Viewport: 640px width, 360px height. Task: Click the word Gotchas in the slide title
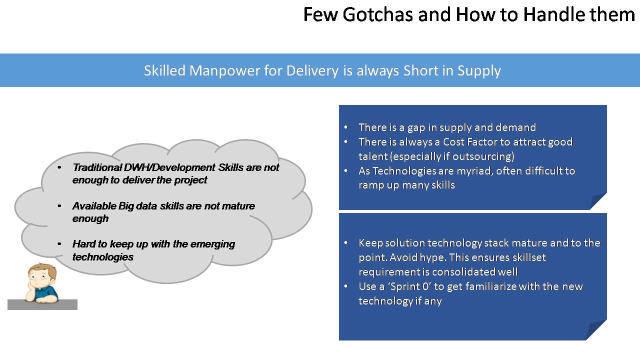(x=377, y=14)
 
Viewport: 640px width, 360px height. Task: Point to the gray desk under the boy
(x=42, y=304)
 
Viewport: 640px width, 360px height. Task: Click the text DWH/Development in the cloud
(x=169, y=167)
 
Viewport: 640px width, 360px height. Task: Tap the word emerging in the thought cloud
(x=212, y=244)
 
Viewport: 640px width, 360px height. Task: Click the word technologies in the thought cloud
(x=103, y=257)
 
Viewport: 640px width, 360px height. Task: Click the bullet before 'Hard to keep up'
(x=59, y=244)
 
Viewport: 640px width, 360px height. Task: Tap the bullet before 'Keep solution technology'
(x=346, y=243)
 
